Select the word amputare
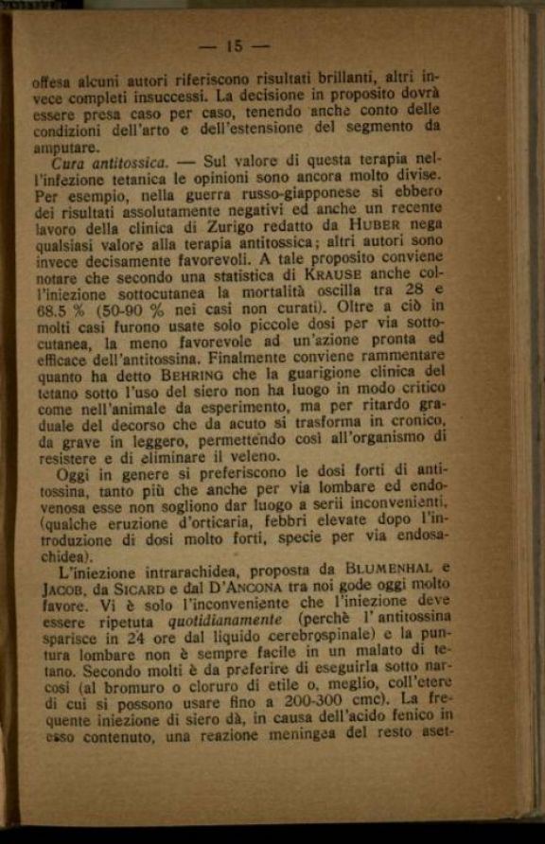click(x=63, y=148)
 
